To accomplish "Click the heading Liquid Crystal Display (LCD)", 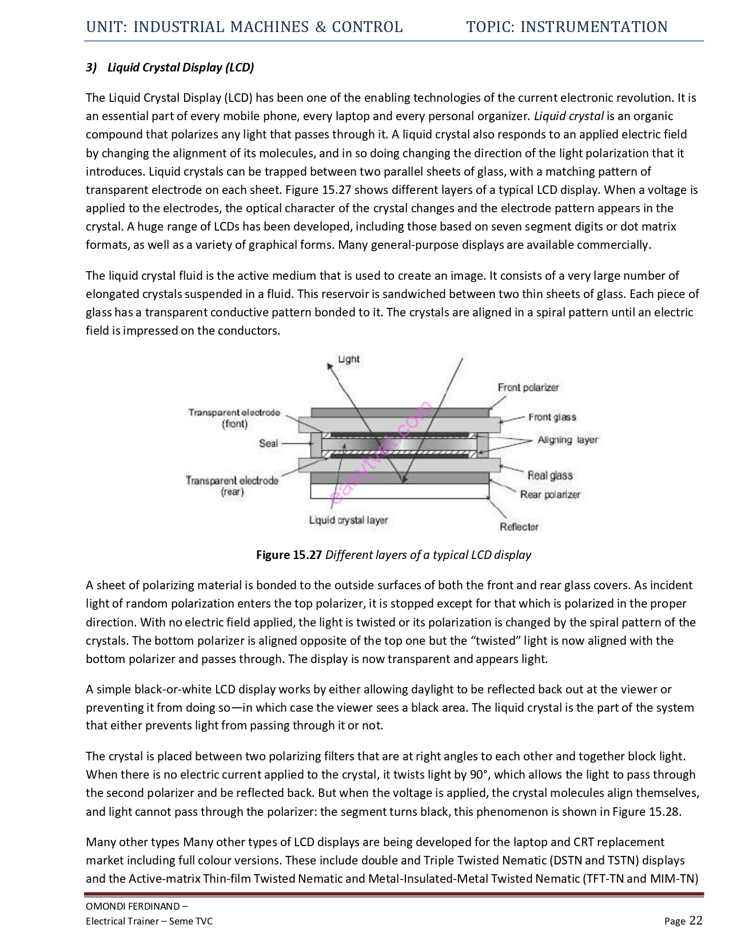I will pos(181,68).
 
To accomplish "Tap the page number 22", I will pos(696,921).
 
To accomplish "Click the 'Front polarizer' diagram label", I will pos(528,387).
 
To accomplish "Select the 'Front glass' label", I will pos(552,417).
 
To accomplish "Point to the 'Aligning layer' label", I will pos(567,440).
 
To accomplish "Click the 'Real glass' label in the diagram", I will pos(549,475).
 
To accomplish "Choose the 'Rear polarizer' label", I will pos(549,494).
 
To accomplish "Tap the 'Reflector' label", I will pos(519,527).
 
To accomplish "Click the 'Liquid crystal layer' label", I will pos(348,520).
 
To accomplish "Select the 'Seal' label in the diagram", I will pos(268,443).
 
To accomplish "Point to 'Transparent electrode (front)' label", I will pos(234,418).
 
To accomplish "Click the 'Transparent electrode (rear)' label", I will pos(232,486).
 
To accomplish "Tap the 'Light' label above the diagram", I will pos(348,359).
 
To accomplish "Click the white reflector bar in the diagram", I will pos(399,491).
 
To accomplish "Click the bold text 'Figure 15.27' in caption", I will pos(289,555).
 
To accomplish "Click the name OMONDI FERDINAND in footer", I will pos(132,906).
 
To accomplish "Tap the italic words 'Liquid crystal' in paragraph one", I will pos(568,116).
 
